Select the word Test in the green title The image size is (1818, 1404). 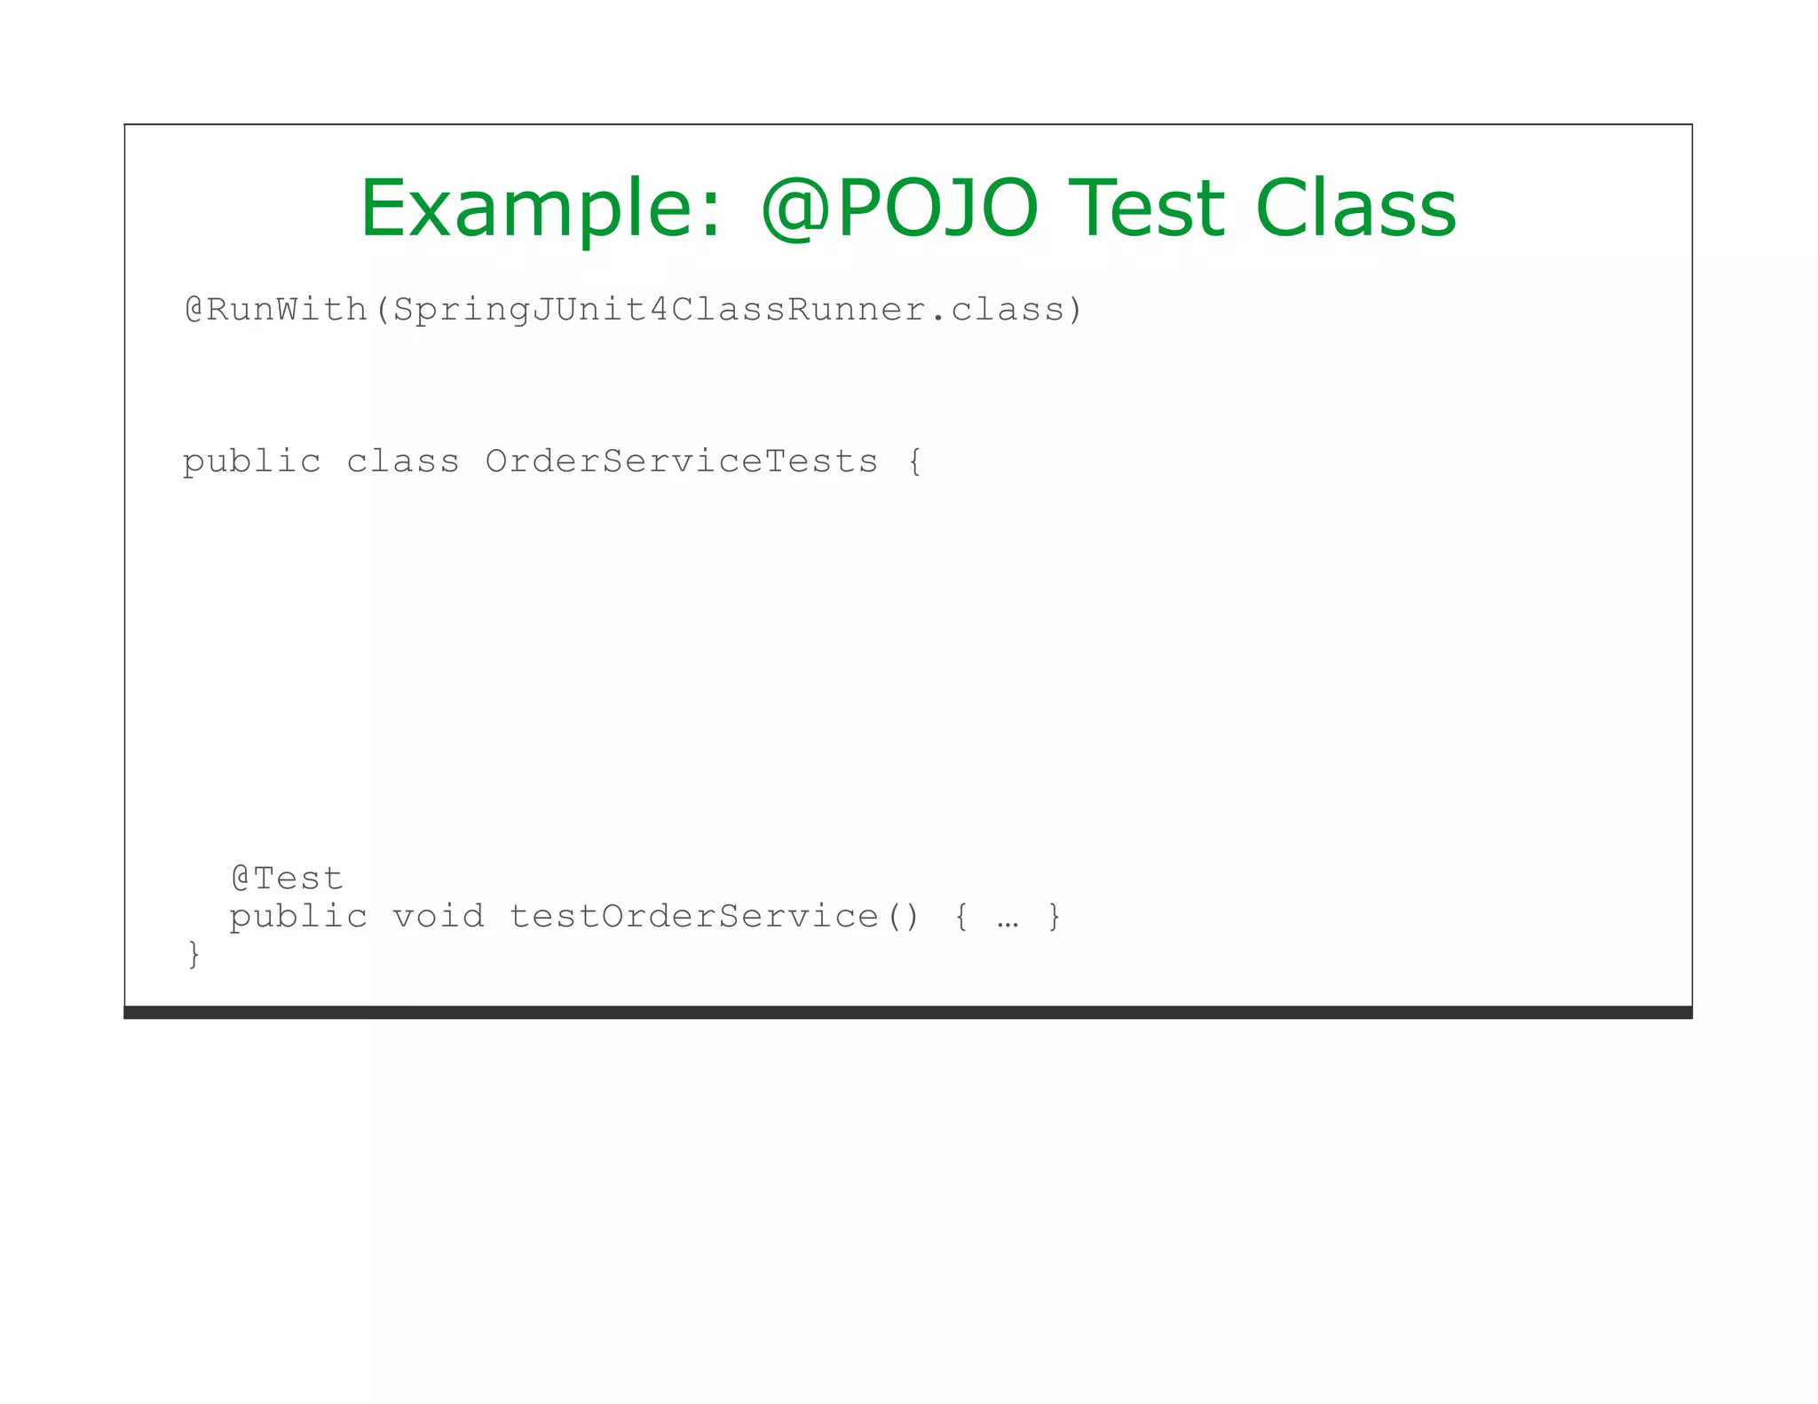point(1150,209)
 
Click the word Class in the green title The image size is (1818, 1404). point(1356,209)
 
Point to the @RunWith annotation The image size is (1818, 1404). point(275,310)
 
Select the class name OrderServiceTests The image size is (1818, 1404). point(681,461)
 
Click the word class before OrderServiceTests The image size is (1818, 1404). point(402,461)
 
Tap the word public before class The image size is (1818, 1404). point(251,462)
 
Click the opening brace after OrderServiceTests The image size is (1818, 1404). point(915,462)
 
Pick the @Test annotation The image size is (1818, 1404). point(287,879)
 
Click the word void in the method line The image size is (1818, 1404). point(439,916)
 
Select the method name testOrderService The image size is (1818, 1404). point(693,916)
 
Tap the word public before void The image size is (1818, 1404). point(298,917)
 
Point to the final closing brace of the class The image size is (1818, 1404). point(194,955)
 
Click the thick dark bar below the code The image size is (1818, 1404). point(907,1013)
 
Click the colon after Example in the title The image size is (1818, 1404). point(709,217)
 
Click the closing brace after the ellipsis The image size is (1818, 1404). point(1054,917)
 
